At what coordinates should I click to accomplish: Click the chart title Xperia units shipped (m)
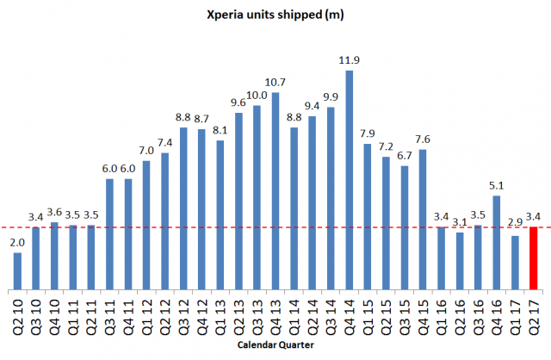[275, 15]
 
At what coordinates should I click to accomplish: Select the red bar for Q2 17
[534, 258]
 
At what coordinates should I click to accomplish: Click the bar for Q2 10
[17, 270]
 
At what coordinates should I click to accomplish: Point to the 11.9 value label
[349, 61]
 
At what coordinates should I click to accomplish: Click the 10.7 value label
[275, 83]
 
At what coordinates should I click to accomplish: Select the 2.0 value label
[17, 244]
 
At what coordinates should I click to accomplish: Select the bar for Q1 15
[368, 216]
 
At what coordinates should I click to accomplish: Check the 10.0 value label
[257, 96]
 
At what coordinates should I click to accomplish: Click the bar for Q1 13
[220, 214]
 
